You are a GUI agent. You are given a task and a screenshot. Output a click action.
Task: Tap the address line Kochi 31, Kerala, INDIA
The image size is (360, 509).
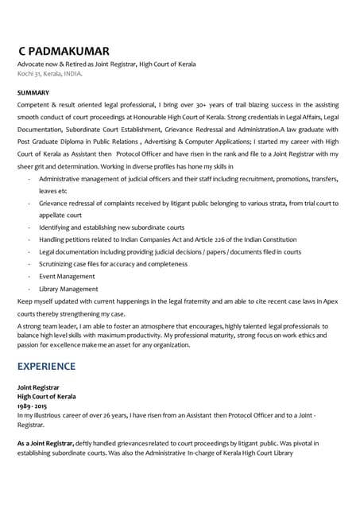[x=49, y=73]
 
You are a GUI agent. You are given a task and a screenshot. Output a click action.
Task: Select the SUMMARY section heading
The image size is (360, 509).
[x=33, y=93]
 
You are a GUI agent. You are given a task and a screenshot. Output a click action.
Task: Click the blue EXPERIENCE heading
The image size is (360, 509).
[x=47, y=366]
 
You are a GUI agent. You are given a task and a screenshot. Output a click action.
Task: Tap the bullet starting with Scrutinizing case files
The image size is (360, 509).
[x=113, y=263]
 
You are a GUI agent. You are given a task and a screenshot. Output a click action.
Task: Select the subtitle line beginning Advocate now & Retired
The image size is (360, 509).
[x=106, y=64]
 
